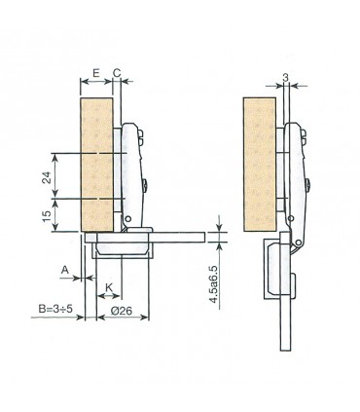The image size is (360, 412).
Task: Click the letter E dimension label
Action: pyautogui.click(x=95, y=73)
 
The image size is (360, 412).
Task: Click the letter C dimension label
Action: pyautogui.click(x=116, y=73)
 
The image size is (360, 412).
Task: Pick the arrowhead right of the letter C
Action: pyautogui.click(x=126, y=84)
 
